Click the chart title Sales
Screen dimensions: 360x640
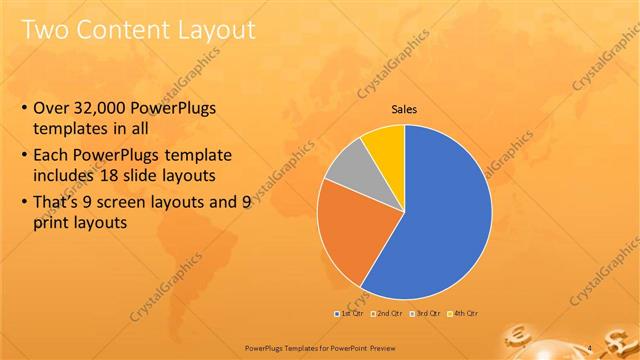tap(404, 109)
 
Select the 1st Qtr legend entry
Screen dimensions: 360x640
tap(349, 313)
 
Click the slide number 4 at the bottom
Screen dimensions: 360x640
tap(590, 347)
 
